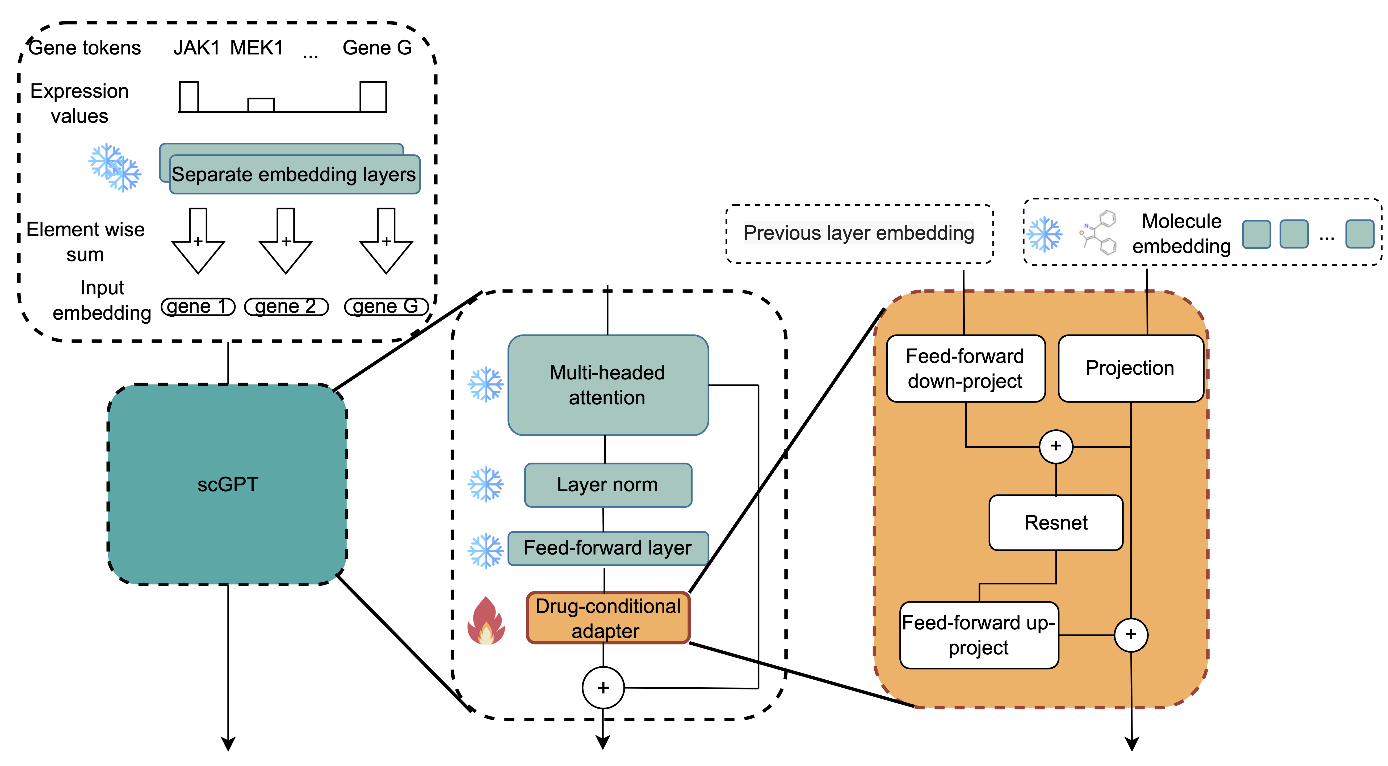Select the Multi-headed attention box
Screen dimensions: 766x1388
coord(608,385)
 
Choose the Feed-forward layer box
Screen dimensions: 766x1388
coord(608,548)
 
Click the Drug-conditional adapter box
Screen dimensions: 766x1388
coord(608,618)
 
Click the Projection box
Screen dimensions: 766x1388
coord(1130,369)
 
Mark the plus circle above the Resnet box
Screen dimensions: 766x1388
coord(1055,446)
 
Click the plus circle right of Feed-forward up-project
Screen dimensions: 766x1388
coord(1130,634)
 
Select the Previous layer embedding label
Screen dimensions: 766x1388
coord(859,233)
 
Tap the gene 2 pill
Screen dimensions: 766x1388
coord(286,307)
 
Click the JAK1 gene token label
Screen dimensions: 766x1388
coord(196,48)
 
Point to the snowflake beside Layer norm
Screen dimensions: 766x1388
coord(485,484)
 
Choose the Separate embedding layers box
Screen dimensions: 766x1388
coord(294,174)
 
